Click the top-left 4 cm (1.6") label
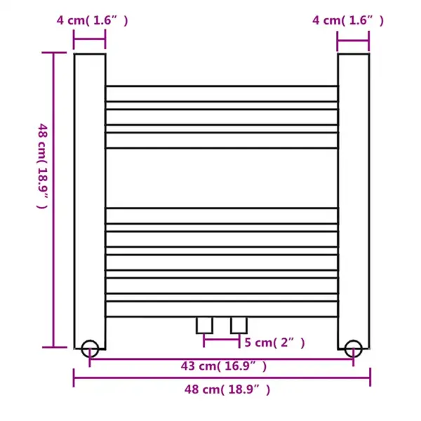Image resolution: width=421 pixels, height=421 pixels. pyautogui.click(x=92, y=20)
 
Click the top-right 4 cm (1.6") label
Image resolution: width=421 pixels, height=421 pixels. pyautogui.click(x=348, y=20)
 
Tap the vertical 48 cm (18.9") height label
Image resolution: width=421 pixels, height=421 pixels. pyautogui.click(x=42, y=166)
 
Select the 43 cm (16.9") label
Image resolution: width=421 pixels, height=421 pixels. pyautogui.click(x=222, y=366)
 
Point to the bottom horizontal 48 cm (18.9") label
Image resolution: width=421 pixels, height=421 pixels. pyautogui.click(x=222, y=389)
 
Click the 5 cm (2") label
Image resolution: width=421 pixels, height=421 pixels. pyautogui.click(x=274, y=342)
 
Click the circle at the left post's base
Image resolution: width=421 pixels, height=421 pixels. pyautogui.click(x=90, y=348)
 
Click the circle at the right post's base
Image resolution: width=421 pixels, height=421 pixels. pyautogui.click(x=354, y=348)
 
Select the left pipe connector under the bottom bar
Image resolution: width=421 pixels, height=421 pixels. pyautogui.click(x=204, y=325)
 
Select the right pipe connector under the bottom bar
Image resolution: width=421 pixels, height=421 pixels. pyautogui.click(x=239, y=325)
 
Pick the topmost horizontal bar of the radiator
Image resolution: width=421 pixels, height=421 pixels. pyautogui.click(x=222, y=93)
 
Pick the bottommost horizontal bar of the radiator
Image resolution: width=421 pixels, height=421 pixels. pyautogui.click(x=222, y=309)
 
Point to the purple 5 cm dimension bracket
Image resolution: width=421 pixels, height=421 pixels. pyautogui.click(x=222, y=342)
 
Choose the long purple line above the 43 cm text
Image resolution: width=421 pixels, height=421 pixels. pyautogui.click(x=222, y=357)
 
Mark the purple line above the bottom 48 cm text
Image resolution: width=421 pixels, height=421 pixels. pyautogui.click(x=222, y=379)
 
